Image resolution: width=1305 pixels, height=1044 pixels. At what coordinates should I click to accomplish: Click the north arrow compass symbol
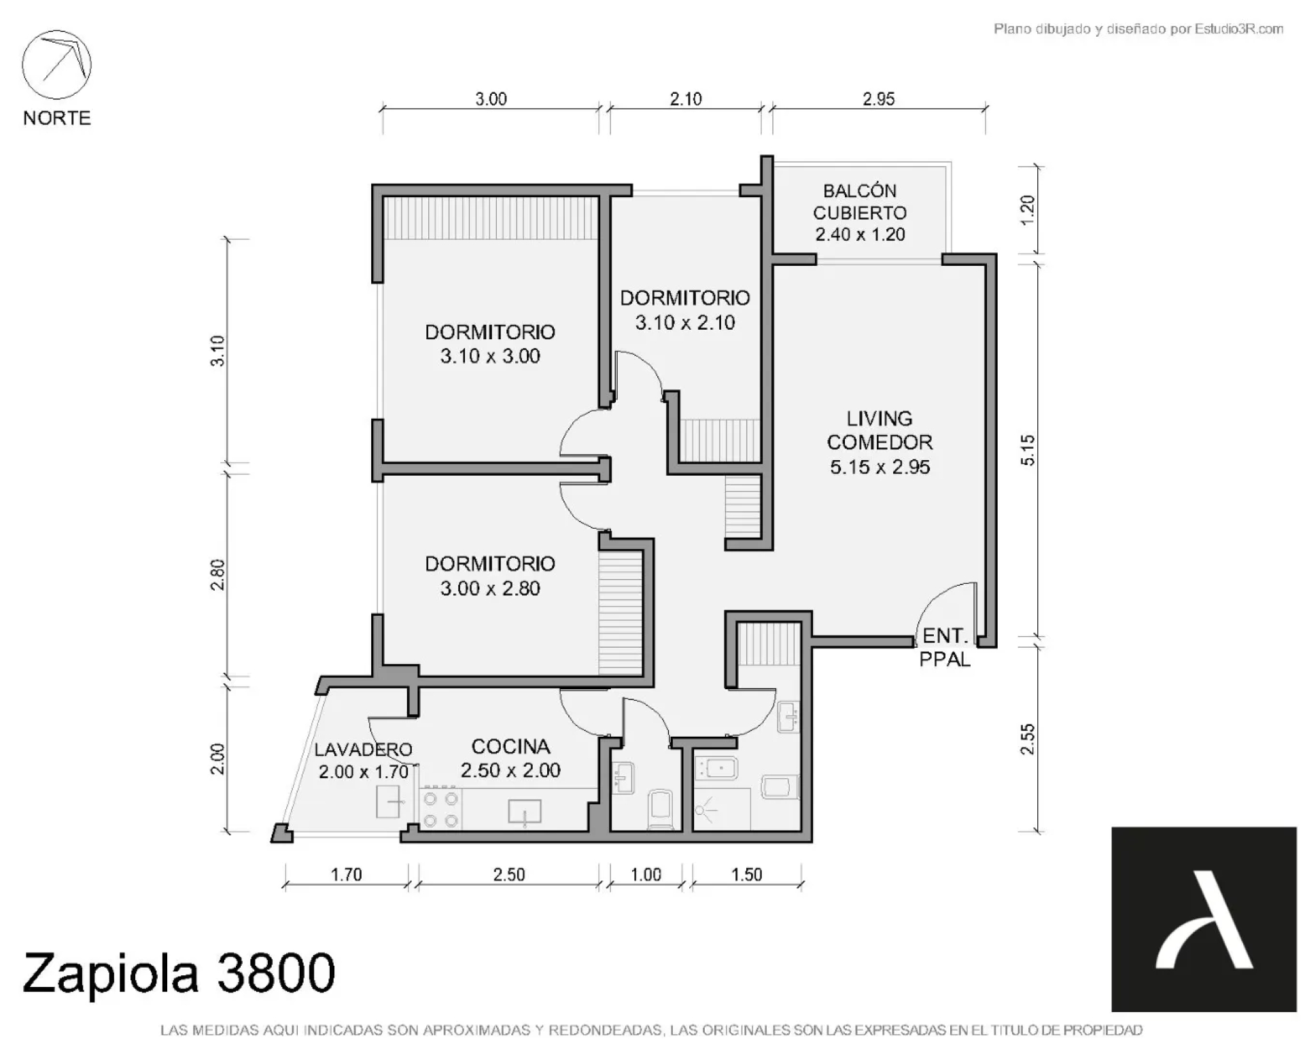pos(57,65)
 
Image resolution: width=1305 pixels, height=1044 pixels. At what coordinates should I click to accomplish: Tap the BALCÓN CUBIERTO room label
pos(860,202)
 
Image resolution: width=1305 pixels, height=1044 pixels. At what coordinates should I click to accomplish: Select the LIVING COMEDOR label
pos(880,430)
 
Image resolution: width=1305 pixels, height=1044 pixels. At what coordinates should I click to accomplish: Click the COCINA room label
pos(510,746)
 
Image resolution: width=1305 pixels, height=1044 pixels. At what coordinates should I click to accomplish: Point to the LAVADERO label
pos(363,749)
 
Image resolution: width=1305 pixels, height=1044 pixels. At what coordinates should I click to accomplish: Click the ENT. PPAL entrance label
pos(945,647)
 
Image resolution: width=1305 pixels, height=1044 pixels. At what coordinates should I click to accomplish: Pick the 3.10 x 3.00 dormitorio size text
pos(490,356)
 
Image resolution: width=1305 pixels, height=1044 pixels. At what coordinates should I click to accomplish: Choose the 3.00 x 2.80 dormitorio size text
pos(490,588)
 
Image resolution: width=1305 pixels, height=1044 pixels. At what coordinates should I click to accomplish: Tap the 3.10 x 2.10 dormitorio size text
pos(685,322)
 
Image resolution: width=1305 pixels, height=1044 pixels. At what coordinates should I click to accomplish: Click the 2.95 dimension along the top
pos(879,99)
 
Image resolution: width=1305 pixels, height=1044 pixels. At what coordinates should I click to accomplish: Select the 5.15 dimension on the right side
pos(1028,450)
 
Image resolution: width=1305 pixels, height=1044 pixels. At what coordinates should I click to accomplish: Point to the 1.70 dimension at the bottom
pos(346,874)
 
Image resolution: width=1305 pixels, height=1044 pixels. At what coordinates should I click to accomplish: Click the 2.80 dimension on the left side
pos(217,574)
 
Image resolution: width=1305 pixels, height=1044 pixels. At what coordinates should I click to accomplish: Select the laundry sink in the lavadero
pos(389,803)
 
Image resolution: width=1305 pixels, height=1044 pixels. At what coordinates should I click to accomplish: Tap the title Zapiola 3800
pos(179,973)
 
